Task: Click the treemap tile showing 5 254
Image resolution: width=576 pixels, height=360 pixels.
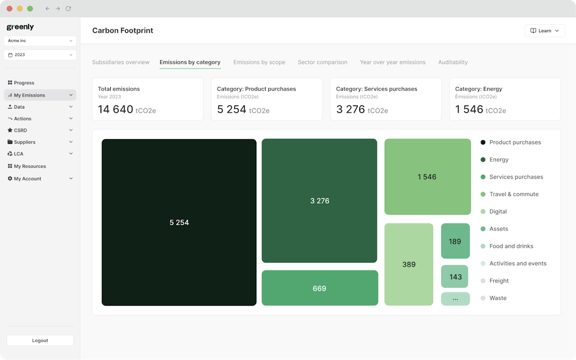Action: click(x=179, y=222)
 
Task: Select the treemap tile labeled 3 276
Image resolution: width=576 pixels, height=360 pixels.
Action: click(x=319, y=201)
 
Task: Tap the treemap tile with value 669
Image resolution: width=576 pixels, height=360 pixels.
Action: click(x=319, y=288)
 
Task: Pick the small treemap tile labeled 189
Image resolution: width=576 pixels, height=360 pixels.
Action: click(x=455, y=241)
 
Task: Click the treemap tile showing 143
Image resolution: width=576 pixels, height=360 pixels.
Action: click(x=455, y=277)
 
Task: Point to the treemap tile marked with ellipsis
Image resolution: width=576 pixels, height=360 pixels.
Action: click(x=455, y=299)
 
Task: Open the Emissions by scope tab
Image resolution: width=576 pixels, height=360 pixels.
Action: click(x=259, y=63)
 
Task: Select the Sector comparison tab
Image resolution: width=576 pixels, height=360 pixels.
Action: click(x=323, y=63)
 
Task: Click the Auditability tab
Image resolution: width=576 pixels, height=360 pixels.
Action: click(x=453, y=63)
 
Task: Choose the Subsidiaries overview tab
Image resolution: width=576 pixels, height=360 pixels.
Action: click(x=121, y=63)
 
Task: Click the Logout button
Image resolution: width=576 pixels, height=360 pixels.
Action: click(x=40, y=340)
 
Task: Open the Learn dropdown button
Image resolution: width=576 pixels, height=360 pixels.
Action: click(x=545, y=31)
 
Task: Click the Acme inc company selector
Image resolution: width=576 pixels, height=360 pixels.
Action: click(x=40, y=41)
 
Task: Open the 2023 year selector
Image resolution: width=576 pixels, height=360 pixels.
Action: click(x=40, y=55)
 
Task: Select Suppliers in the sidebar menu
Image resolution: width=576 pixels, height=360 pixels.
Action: click(x=25, y=142)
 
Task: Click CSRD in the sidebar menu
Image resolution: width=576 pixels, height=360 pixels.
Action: click(x=20, y=131)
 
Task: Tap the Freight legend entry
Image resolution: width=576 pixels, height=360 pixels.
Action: click(x=499, y=281)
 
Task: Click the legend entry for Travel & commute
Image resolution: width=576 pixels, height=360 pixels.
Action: click(x=513, y=194)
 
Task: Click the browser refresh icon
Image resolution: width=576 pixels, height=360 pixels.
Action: click(x=68, y=9)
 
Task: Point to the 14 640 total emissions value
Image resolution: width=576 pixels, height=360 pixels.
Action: click(x=116, y=109)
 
